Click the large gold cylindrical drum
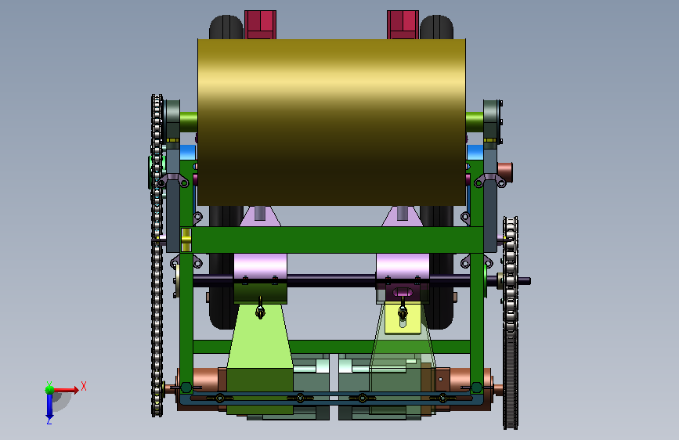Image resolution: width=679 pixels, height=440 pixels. coord(331,122)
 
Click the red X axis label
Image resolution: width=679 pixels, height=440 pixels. coord(84,386)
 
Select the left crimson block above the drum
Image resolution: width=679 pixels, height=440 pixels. coord(260,25)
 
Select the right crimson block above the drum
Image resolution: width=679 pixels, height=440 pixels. coord(403,25)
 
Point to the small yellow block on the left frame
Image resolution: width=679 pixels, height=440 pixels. coord(186,240)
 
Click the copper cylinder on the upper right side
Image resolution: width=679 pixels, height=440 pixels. coord(505,172)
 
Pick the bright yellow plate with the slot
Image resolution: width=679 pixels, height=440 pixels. coord(403,319)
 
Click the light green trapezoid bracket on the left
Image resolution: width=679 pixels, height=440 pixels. coord(260,336)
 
